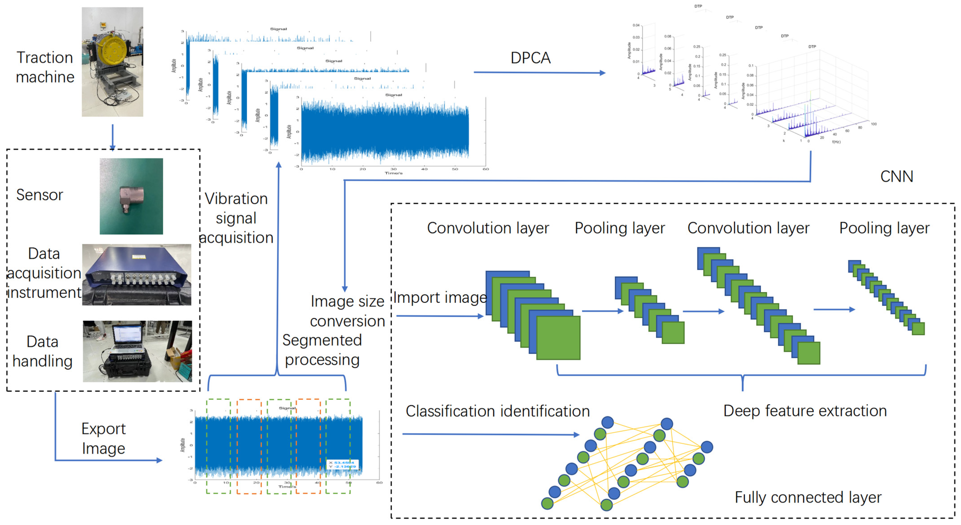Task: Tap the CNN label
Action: (x=896, y=176)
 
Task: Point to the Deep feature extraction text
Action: (x=805, y=411)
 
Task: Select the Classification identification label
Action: (x=497, y=411)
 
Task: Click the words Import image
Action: (x=440, y=298)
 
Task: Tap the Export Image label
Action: (x=103, y=438)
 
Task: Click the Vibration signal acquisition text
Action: (x=236, y=218)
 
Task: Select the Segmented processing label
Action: (x=322, y=350)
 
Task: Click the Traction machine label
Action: (x=45, y=67)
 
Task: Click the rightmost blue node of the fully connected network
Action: (x=707, y=447)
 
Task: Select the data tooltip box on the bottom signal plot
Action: (x=342, y=464)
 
